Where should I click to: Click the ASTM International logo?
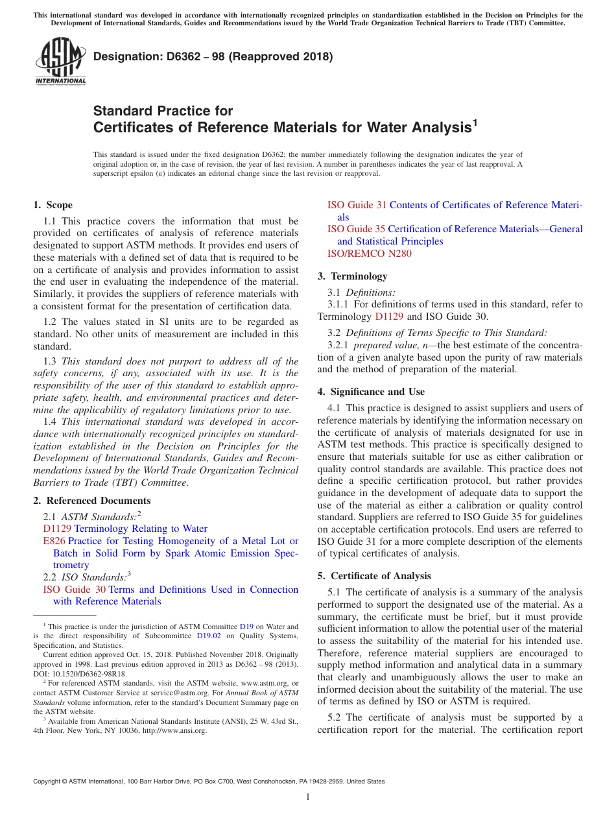click(60, 62)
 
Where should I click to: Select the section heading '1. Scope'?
click(53, 205)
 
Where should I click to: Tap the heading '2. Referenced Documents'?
click(91, 501)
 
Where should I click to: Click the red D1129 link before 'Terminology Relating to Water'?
click(57, 529)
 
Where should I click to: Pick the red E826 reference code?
click(54, 541)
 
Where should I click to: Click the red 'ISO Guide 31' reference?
click(357, 205)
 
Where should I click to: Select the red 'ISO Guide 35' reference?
click(356, 229)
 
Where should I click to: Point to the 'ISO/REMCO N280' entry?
click(369, 254)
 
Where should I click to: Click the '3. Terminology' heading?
click(352, 276)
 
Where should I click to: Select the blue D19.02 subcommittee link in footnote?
click(209, 636)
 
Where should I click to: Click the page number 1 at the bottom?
click(308, 796)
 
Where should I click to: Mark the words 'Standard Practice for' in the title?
click(163, 111)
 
